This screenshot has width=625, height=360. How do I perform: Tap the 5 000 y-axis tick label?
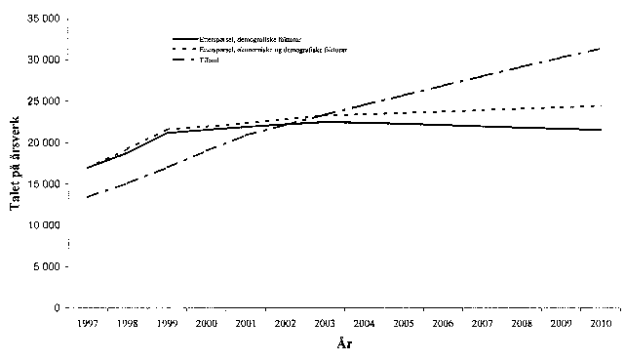point(44,266)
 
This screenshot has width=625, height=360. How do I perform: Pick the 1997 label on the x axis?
point(87,323)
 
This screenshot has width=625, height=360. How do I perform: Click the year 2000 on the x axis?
point(206,323)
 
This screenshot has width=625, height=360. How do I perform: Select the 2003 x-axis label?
point(325,323)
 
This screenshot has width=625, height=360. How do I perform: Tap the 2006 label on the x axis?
point(444,323)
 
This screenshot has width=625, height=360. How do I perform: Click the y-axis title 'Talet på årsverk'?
point(15,165)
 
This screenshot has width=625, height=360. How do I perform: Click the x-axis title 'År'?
point(344,344)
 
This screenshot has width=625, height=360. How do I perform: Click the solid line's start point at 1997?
point(87,168)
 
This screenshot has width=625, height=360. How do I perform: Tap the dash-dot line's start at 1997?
point(87,197)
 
